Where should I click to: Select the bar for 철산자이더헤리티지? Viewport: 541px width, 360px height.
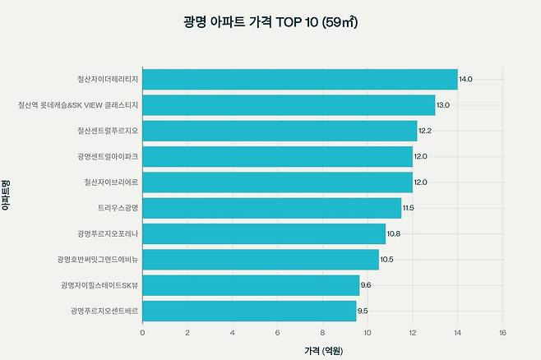300,79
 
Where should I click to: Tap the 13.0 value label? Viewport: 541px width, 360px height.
443,105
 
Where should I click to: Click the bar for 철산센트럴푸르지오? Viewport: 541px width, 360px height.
280,131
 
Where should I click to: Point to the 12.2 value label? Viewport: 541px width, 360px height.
425,131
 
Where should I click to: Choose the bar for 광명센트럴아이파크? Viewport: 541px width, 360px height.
278,156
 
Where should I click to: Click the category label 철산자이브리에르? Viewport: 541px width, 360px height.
111,182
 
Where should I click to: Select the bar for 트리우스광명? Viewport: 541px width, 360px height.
272,208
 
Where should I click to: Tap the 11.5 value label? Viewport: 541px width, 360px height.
408,208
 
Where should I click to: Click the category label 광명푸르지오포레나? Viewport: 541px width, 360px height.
108,233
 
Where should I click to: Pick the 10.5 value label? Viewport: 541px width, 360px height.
386,259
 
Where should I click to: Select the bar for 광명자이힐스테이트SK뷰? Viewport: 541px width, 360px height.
252,285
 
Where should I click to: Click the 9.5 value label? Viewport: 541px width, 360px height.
363,311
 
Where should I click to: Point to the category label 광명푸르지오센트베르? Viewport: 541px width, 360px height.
104,311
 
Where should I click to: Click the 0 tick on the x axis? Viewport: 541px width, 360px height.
142,333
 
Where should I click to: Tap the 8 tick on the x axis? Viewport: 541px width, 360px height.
322,333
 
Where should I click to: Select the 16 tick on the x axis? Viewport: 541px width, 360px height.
502,333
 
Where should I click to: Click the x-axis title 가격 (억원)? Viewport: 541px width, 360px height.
324,351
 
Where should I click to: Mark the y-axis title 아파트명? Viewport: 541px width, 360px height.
6,195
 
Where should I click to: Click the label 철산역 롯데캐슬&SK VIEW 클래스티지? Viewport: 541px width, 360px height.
78,105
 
